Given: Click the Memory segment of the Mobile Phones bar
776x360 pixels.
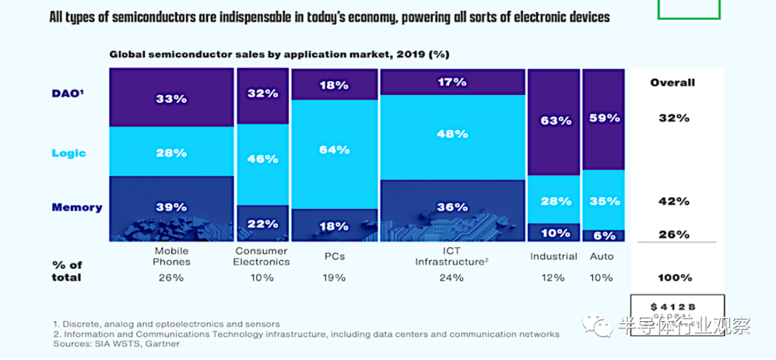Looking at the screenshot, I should pos(171,208).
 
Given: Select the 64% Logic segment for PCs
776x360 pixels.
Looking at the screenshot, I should pos(335,150).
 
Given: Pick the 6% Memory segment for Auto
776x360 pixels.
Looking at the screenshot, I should pos(603,235).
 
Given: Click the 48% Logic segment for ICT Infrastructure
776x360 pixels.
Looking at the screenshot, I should pos(453,134).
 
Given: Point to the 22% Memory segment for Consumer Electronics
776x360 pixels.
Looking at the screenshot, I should pos(262,223).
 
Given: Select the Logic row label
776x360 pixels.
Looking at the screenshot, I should pos(68,153).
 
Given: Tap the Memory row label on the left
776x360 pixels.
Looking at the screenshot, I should pos(77,208).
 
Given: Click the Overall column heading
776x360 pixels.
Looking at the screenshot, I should pos(673,83).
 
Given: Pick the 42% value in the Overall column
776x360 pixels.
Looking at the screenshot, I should pos(674,202).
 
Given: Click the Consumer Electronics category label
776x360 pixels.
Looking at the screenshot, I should pos(262,257).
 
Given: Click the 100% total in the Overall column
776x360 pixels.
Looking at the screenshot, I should pos(674,277).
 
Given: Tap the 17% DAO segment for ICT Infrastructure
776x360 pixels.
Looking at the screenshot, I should pos(453,83).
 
